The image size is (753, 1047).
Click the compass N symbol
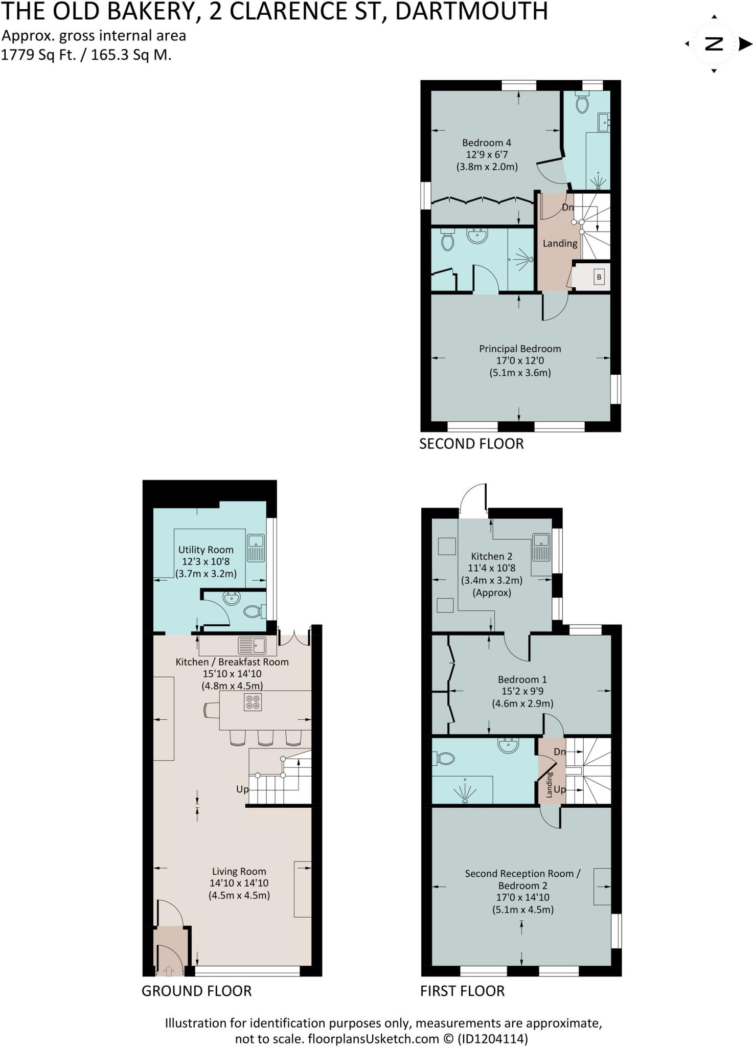(x=714, y=44)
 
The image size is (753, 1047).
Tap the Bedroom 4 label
(x=486, y=143)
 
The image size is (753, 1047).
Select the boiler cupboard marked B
(x=599, y=277)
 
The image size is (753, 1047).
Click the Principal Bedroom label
(x=519, y=349)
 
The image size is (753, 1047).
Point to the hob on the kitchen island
(x=253, y=702)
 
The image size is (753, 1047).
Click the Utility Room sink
(x=256, y=547)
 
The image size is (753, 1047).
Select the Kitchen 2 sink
(x=540, y=547)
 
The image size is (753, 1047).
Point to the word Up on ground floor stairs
(x=242, y=789)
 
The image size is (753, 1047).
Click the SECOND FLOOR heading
(x=471, y=444)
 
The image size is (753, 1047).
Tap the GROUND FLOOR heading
(x=196, y=991)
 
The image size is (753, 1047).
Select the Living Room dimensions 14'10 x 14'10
(x=239, y=883)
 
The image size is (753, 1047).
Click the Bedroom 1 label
(x=522, y=679)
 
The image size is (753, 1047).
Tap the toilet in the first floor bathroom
(x=444, y=759)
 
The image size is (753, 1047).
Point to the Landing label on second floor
(x=560, y=243)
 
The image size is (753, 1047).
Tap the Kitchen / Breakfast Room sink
(x=252, y=645)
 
